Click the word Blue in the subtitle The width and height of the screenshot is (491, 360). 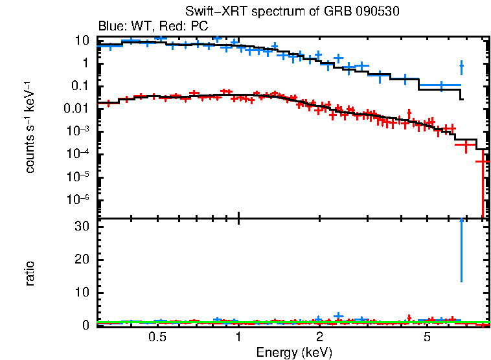110,27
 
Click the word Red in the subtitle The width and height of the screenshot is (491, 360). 172,27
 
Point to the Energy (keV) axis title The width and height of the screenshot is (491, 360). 293,352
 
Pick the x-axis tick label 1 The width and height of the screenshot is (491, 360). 238,337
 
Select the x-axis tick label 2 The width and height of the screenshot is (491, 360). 320,337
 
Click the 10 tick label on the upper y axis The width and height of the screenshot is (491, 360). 82,41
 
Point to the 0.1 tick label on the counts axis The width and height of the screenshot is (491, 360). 80,86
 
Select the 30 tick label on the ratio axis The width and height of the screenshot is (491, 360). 82,227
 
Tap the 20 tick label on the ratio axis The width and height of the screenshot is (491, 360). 82,260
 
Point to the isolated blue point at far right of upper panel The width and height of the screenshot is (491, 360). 461,66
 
